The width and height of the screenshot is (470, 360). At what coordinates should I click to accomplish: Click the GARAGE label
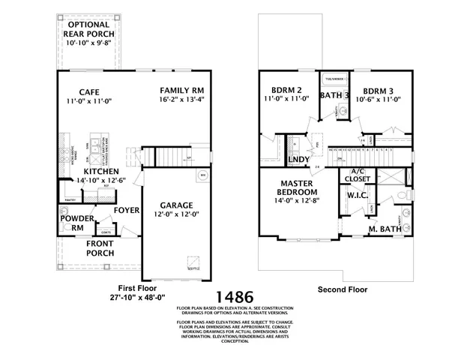pyautogui.click(x=178, y=205)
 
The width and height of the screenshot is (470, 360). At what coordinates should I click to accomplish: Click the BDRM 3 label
pyautogui.click(x=377, y=88)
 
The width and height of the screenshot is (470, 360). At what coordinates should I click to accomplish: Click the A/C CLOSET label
pyautogui.click(x=357, y=175)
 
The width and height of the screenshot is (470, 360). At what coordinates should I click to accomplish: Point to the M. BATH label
pyautogui.click(x=384, y=229)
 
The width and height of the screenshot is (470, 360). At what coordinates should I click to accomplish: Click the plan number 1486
pyautogui.click(x=235, y=297)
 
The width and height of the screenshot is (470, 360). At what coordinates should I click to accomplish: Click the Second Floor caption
pyautogui.click(x=340, y=289)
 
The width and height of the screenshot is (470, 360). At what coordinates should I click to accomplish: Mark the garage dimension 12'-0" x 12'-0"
pyautogui.click(x=178, y=215)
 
